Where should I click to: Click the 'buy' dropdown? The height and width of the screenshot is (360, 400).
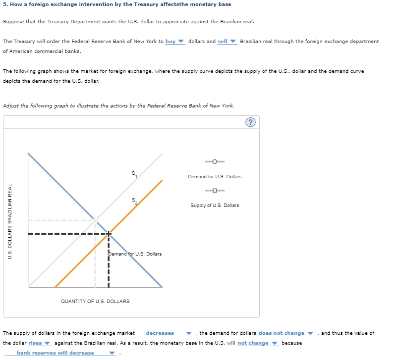click(174, 42)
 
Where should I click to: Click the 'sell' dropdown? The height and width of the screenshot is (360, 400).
click(227, 42)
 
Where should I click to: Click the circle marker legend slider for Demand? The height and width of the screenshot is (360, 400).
click(215, 161)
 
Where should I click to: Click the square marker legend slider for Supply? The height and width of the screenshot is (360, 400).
click(215, 191)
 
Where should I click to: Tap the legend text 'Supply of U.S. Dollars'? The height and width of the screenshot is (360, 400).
click(215, 206)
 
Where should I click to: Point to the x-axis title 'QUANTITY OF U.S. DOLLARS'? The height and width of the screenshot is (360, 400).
click(95, 301)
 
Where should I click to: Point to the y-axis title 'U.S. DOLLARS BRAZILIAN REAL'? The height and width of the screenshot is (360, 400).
click(10, 220)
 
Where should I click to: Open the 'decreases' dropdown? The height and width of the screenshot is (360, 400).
click(164, 333)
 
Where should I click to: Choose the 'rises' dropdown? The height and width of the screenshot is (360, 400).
click(39, 343)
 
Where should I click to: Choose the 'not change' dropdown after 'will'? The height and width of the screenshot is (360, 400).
click(257, 343)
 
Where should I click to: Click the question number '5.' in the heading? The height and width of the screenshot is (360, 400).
click(5, 4)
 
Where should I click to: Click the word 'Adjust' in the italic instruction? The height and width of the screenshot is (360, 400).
click(11, 106)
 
